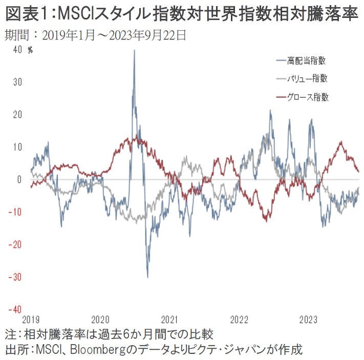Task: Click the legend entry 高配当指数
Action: tap(307, 60)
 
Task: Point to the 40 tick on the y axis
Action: tap(18, 50)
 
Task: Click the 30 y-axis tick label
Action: tap(18, 82)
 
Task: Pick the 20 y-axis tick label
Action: tap(18, 115)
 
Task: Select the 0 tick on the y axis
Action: tap(20, 179)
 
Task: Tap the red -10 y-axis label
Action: tap(16, 212)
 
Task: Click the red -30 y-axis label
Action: tap(16, 277)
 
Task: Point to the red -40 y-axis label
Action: tap(16, 309)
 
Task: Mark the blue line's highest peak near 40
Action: tap(134, 51)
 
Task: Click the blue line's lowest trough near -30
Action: tap(148, 277)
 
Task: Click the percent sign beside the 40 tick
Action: tap(30, 50)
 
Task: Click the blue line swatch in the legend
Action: tap(281, 60)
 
